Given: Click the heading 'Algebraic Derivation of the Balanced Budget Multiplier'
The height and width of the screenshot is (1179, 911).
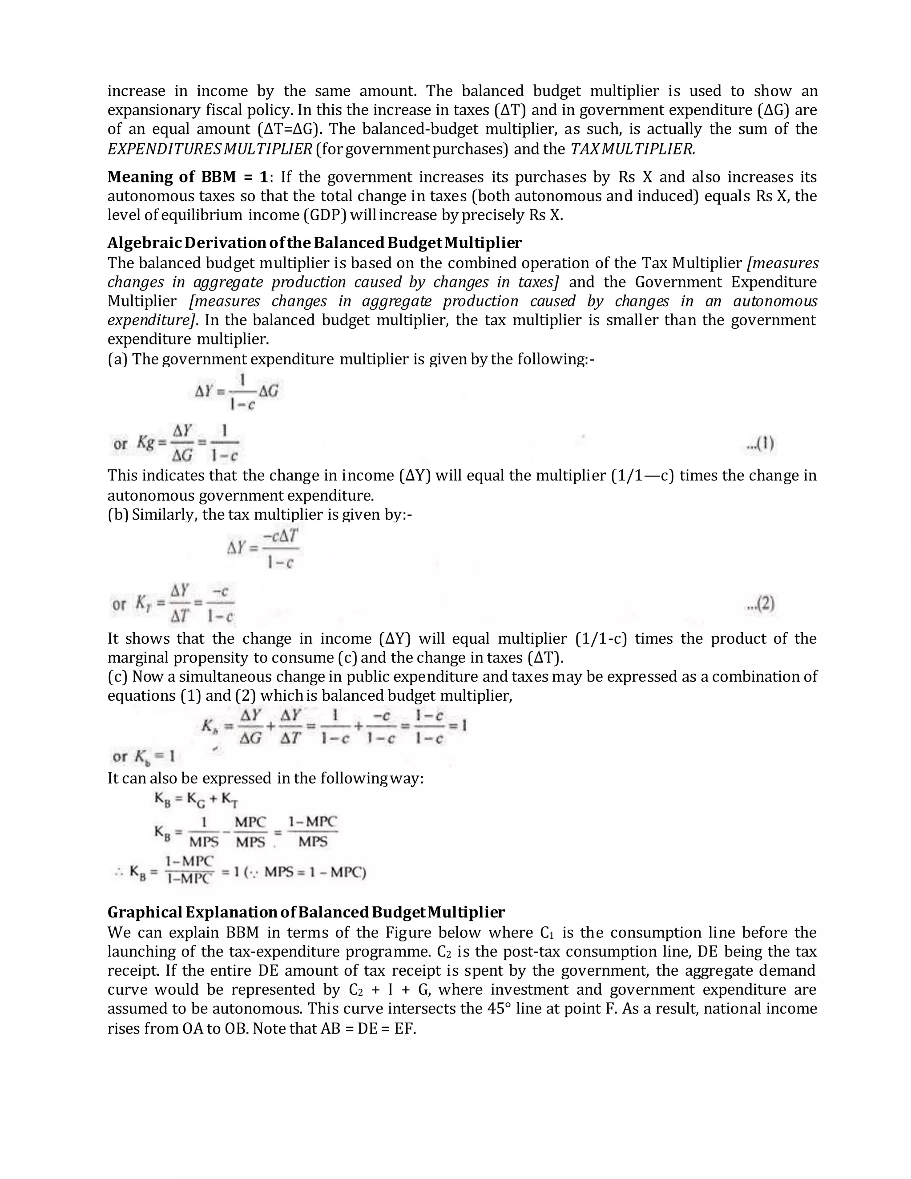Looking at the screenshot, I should tap(314, 243).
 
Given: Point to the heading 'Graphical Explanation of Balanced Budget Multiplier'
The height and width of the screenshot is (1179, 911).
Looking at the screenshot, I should tap(306, 913).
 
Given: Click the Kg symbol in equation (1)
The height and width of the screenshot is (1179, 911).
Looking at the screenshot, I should tap(146, 443).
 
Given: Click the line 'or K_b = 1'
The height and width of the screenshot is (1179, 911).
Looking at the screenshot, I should tap(143, 757).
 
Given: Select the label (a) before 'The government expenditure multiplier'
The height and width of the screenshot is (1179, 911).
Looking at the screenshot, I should tap(117, 359).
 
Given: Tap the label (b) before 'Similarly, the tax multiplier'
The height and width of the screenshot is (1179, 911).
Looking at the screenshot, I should tap(117, 514).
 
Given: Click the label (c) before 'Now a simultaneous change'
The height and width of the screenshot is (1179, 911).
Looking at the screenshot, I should tap(117, 677).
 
